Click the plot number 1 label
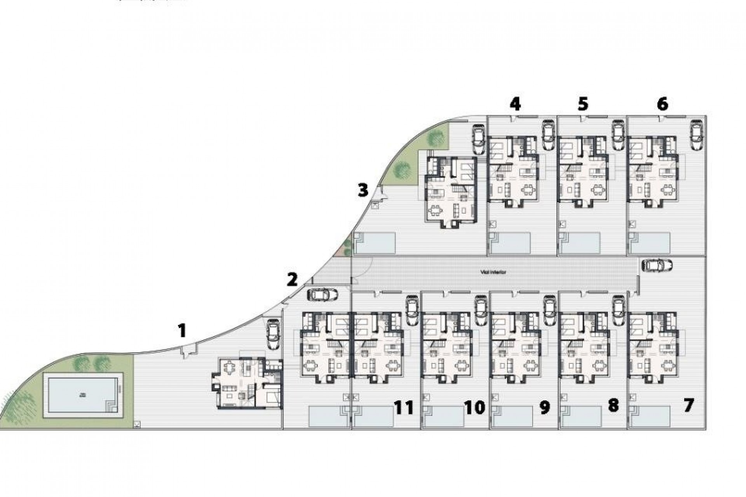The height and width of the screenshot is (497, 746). pyautogui.click(x=181, y=331)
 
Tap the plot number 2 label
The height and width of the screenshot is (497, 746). pyautogui.click(x=292, y=280)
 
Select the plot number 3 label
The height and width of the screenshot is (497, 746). pyautogui.click(x=363, y=190)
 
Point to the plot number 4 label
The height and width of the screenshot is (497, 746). pyautogui.click(x=515, y=104)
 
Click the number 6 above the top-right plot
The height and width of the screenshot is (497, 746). pyautogui.click(x=662, y=104)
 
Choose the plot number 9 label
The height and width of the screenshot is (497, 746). pyautogui.click(x=545, y=407)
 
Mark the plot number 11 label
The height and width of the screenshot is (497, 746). pyautogui.click(x=404, y=408)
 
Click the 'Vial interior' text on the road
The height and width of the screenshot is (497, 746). pyautogui.click(x=493, y=273)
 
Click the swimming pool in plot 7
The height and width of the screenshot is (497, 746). pyautogui.click(x=650, y=416)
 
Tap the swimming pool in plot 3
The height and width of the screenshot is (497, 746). pyautogui.click(x=375, y=242)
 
